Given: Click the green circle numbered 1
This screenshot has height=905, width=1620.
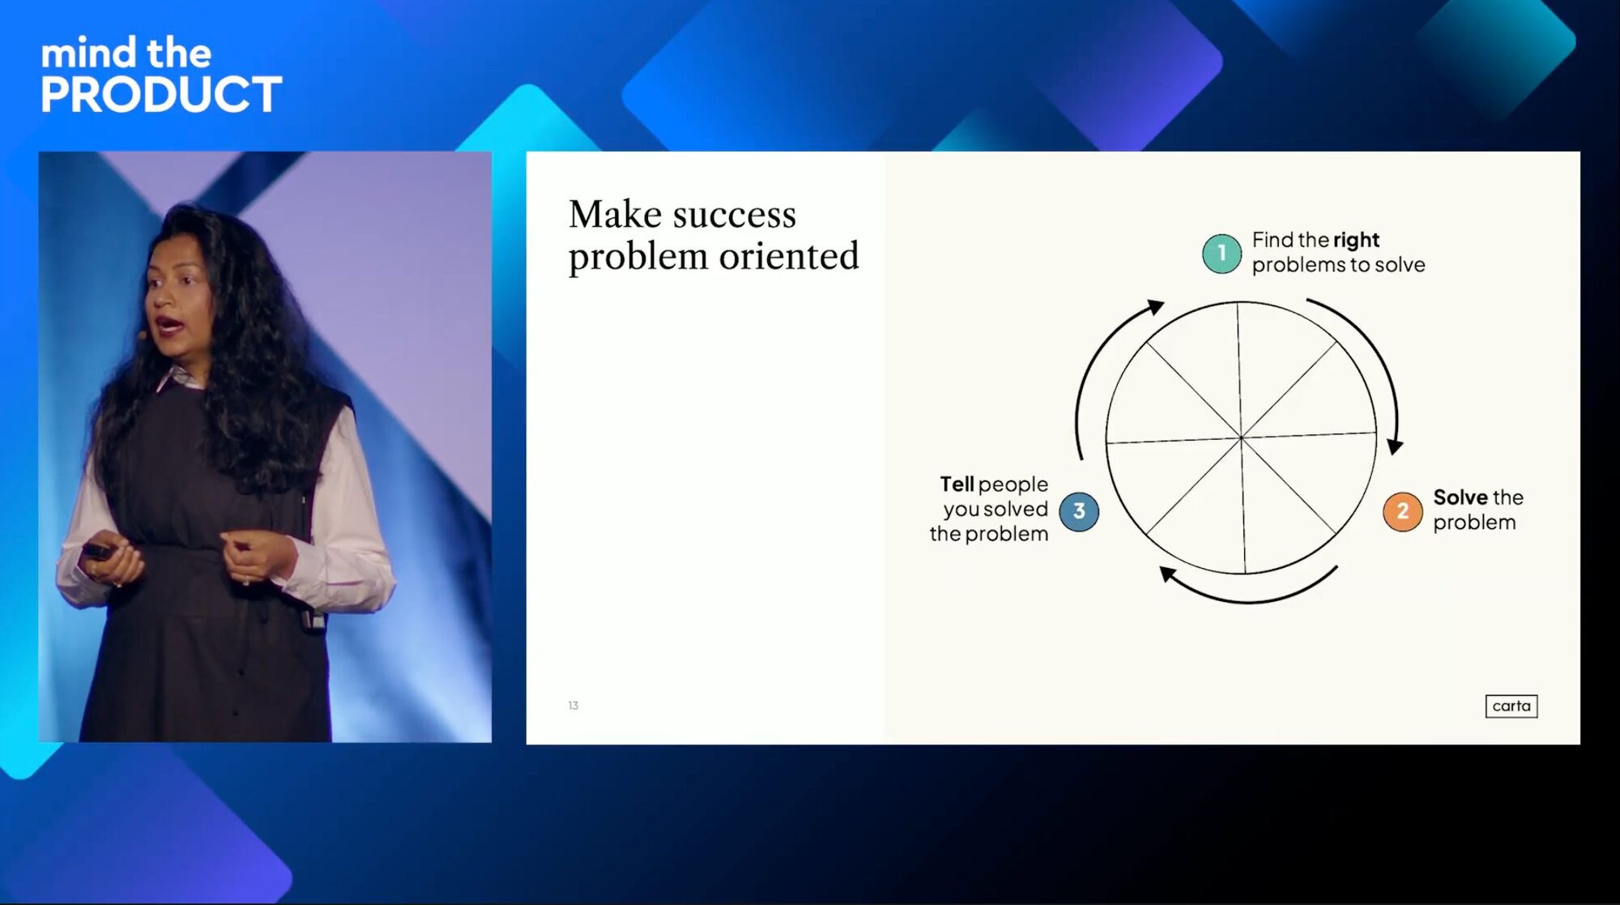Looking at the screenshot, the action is coord(1221,254).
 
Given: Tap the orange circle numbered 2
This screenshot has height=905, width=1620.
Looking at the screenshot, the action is coord(1402,511).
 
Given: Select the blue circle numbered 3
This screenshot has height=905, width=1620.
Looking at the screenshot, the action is coord(1079,511).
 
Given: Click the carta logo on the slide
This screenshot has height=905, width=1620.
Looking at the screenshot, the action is coord(1511,706).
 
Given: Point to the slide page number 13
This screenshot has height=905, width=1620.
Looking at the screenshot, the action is coord(573,706).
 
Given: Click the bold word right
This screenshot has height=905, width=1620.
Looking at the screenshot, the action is coord(1356,241).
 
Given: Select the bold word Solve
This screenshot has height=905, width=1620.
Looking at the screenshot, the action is coord(1460,497).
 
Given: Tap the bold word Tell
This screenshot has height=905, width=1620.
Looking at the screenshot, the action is coord(957,484).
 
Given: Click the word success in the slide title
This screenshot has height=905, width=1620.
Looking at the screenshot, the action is coord(735,215).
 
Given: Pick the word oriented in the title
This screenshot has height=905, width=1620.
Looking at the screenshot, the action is coord(789,256).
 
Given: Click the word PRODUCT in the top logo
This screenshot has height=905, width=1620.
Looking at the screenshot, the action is coord(161,94).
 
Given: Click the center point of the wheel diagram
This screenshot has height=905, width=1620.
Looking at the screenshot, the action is coord(1241,438).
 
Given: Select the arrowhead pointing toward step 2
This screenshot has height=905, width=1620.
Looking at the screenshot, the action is coord(1395,446).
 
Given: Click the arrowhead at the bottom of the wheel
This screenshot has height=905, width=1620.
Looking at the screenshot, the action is coord(1167,574).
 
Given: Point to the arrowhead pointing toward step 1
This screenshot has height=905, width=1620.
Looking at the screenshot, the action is coord(1156,307).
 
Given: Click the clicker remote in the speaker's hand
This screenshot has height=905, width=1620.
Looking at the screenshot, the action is coord(97,551).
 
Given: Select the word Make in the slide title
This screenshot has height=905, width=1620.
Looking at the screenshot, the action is coord(616,215).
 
